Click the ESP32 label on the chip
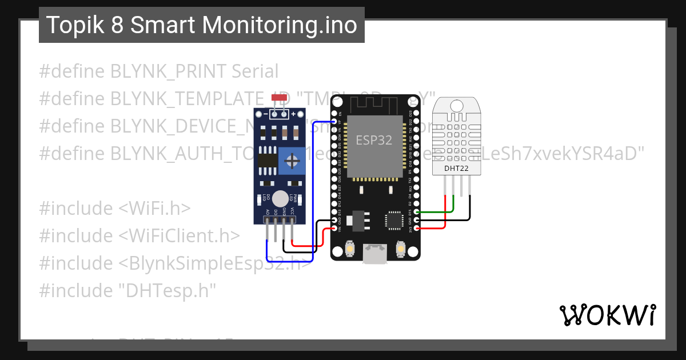[x=374, y=140]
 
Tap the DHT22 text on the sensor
[x=456, y=169]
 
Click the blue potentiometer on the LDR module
[x=292, y=158]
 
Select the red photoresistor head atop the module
[x=279, y=98]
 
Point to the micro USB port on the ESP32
[x=375, y=254]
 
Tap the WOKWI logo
[x=607, y=315]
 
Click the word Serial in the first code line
[x=255, y=71]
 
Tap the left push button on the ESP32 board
[x=350, y=250]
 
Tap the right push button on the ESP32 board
[x=401, y=250]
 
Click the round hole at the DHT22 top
[x=457, y=106]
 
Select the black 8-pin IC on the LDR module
[x=268, y=159]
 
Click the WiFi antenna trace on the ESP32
[x=374, y=104]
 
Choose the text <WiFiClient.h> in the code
[x=180, y=235]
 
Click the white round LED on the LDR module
[x=280, y=198]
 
